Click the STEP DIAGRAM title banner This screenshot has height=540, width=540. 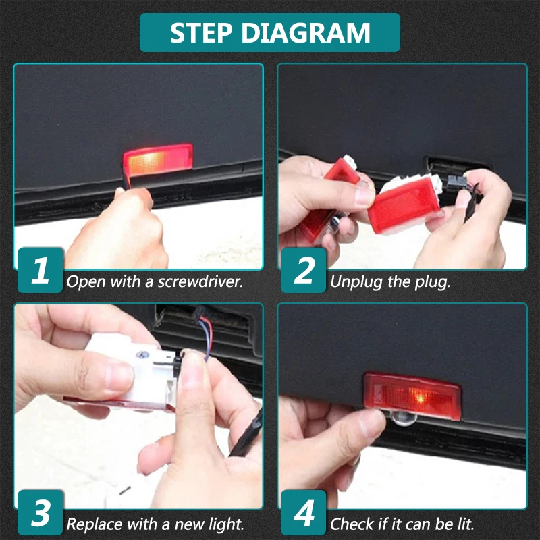pos(269,32)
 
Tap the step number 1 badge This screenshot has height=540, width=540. pos(40,270)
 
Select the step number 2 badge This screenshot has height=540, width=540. pos(303,270)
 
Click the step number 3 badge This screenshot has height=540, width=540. pos(40,512)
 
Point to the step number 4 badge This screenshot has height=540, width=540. pos(303,512)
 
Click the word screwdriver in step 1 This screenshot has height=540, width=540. pos(200,281)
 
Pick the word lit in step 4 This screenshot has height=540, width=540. pos(466,524)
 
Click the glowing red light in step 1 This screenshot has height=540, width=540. pos(158,159)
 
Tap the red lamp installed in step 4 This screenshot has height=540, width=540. pos(412,396)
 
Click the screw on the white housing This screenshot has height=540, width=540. pos(141,354)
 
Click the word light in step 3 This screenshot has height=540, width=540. pos(226,524)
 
